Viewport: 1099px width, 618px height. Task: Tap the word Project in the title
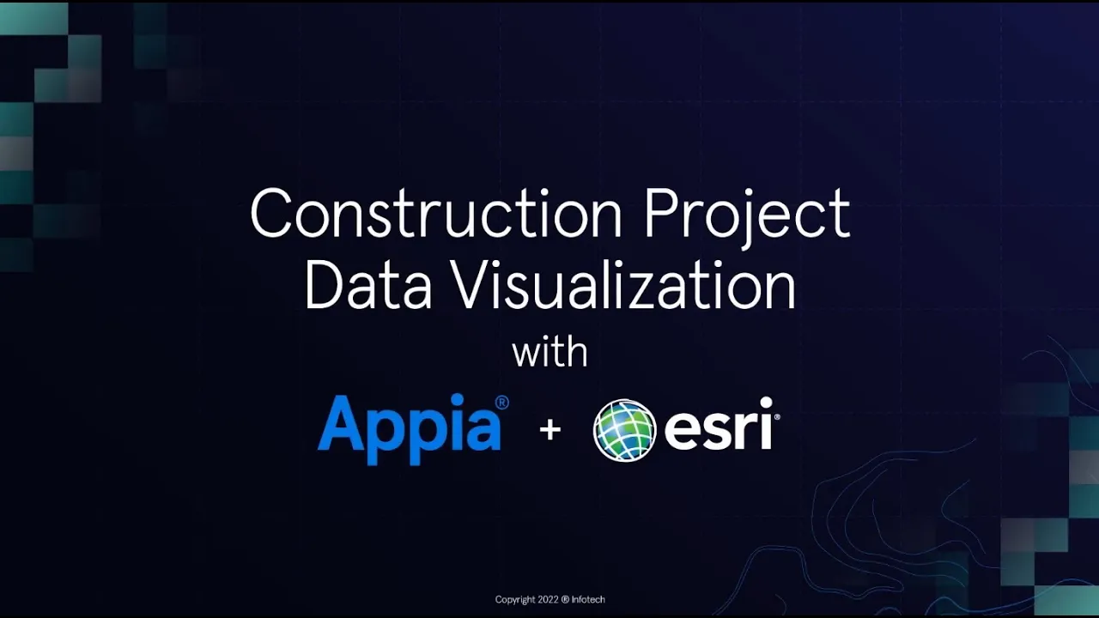pyautogui.click(x=747, y=215)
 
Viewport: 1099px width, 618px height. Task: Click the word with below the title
pyautogui.click(x=549, y=352)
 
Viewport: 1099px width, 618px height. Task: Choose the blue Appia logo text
pyautogui.click(x=410, y=427)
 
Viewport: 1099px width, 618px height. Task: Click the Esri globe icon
pyautogui.click(x=624, y=430)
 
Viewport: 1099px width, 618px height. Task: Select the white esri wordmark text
pyautogui.click(x=718, y=425)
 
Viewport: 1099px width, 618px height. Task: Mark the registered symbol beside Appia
pyautogui.click(x=502, y=403)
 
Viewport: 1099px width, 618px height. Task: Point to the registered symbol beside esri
pyautogui.click(x=776, y=417)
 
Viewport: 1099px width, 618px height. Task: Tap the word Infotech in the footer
pyautogui.click(x=587, y=599)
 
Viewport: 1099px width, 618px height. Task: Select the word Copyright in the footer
pyautogui.click(x=515, y=599)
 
